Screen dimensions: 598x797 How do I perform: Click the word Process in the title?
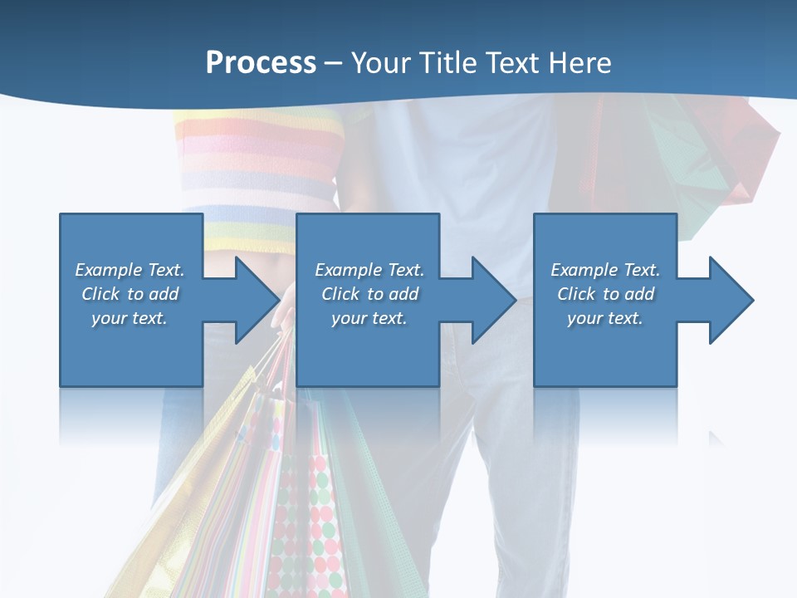click(261, 62)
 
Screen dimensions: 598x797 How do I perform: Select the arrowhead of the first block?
click(254, 300)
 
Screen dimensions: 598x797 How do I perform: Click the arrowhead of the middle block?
click(491, 300)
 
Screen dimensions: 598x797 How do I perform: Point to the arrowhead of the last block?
click(729, 300)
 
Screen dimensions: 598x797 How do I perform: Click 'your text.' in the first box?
click(130, 318)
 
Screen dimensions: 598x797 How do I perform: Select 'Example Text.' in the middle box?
click(369, 270)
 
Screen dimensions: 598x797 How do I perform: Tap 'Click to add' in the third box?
click(606, 294)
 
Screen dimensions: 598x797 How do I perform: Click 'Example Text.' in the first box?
click(130, 270)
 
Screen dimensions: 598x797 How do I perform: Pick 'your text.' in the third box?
click(605, 318)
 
